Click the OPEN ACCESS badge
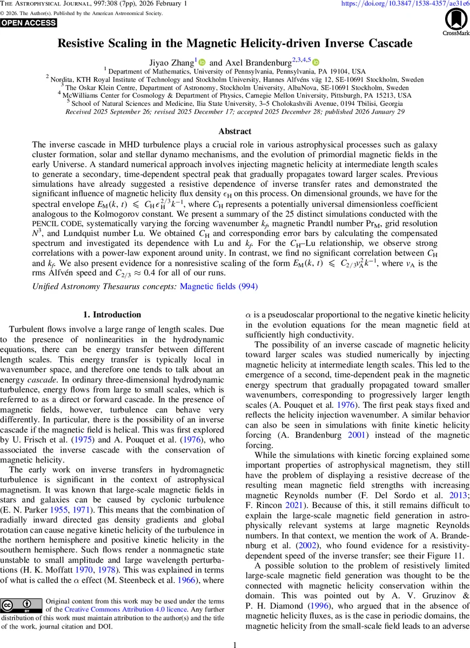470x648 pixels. click(x=29, y=23)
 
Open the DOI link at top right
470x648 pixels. click(x=405, y=4)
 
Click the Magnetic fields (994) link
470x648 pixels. click(x=218, y=287)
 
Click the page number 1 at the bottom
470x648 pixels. click(x=235, y=644)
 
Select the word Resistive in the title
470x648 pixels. click(x=87, y=43)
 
